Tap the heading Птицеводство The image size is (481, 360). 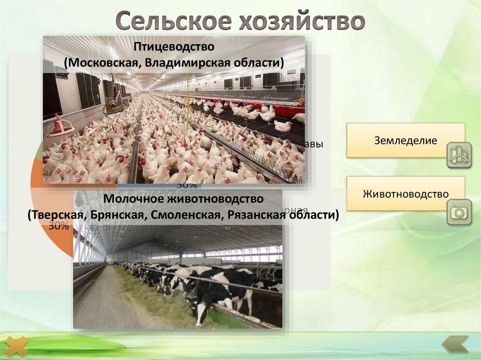point(174,47)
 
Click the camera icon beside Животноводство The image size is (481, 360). point(458,212)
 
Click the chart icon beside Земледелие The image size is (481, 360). point(458,154)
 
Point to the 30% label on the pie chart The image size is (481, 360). point(59,226)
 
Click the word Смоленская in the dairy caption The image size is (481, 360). point(193,215)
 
